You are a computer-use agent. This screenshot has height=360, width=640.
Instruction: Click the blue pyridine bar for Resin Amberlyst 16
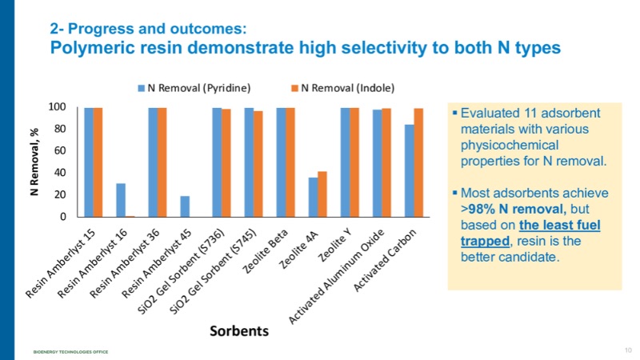[x=121, y=200]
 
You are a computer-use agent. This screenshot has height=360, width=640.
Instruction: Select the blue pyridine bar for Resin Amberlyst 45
[x=185, y=206]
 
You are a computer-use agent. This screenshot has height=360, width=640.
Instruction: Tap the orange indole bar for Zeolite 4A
[x=322, y=194]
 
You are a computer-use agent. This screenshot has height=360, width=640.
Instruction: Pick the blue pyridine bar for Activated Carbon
[x=409, y=170]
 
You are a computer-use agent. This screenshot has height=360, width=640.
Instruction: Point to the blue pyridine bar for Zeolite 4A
[x=313, y=197]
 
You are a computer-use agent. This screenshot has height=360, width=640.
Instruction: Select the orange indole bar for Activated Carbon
[x=418, y=162]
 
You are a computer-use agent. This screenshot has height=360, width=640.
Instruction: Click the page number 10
[x=626, y=350]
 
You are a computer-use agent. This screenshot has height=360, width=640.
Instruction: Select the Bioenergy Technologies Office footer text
[x=71, y=352]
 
